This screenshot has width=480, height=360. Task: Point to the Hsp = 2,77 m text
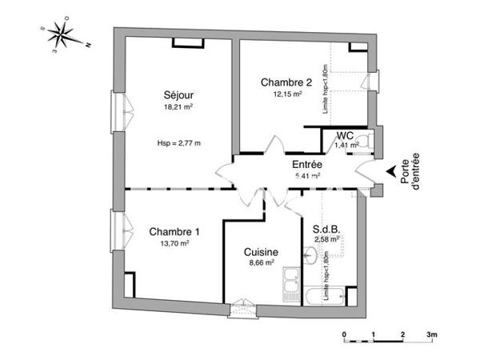pyautogui.click(x=179, y=143)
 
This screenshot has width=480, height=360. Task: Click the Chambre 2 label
pyautogui.click(x=286, y=82)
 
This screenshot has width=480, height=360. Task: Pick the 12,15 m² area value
pyautogui.click(x=285, y=94)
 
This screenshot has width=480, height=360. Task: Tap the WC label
pyautogui.click(x=345, y=135)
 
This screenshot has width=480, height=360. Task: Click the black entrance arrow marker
pyautogui.click(x=390, y=171)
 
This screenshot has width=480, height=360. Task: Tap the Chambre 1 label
pyautogui.click(x=174, y=232)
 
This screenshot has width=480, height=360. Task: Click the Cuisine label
pyautogui.click(x=261, y=251)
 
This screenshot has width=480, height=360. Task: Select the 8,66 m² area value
pyautogui.click(x=261, y=262)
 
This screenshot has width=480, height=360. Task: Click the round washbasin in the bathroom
pyautogui.click(x=310, y=256)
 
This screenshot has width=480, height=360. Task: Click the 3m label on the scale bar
pyautogui.click(x=431, y=334)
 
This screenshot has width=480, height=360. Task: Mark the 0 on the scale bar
pyautogui.click(x=344, y=334)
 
